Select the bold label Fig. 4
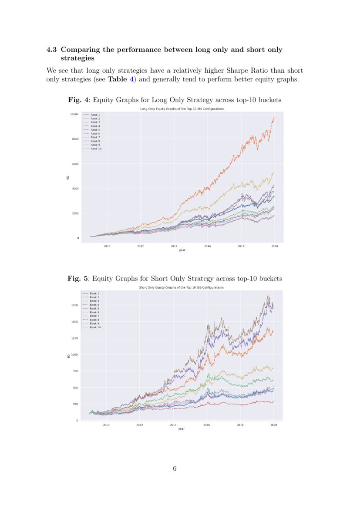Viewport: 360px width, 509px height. point(78,100)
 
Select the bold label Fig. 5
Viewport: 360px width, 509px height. point(78,278)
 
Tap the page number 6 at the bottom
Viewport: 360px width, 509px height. point(175,469)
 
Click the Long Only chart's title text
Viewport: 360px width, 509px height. point(182,108)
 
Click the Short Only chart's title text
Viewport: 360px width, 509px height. point(181,287)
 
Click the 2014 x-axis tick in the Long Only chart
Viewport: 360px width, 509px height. point(174,246)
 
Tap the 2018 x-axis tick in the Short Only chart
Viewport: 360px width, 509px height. point(240,425)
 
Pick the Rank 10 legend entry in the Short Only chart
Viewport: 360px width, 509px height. point(95,327)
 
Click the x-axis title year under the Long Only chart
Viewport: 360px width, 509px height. point(182,250)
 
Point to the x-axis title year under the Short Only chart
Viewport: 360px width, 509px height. point(181,428)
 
